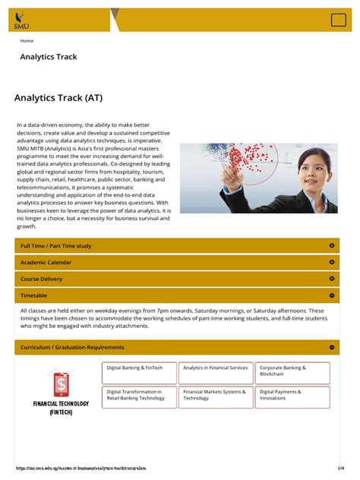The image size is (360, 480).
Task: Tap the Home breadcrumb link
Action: [27, 41]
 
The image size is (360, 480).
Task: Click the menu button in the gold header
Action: [338, 21]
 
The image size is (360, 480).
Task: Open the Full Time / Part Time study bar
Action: [55, 246]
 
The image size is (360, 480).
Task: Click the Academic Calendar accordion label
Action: [46, 262]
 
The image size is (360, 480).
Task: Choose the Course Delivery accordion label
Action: [43, 279]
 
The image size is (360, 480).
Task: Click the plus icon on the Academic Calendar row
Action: [332, 262]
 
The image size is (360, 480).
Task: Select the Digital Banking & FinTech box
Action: [139, 373]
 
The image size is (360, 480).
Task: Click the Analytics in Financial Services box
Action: [216, 373]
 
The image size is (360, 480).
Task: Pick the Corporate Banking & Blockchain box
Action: [292, 373]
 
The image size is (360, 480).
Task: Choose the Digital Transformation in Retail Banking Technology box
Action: [139, 397]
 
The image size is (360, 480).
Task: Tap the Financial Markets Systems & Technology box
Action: [216, 397]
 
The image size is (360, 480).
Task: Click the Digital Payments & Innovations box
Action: [292, 397]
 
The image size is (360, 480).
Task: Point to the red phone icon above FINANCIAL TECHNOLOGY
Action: [60, 382]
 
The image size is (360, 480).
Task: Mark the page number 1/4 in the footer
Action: [342, 469]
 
